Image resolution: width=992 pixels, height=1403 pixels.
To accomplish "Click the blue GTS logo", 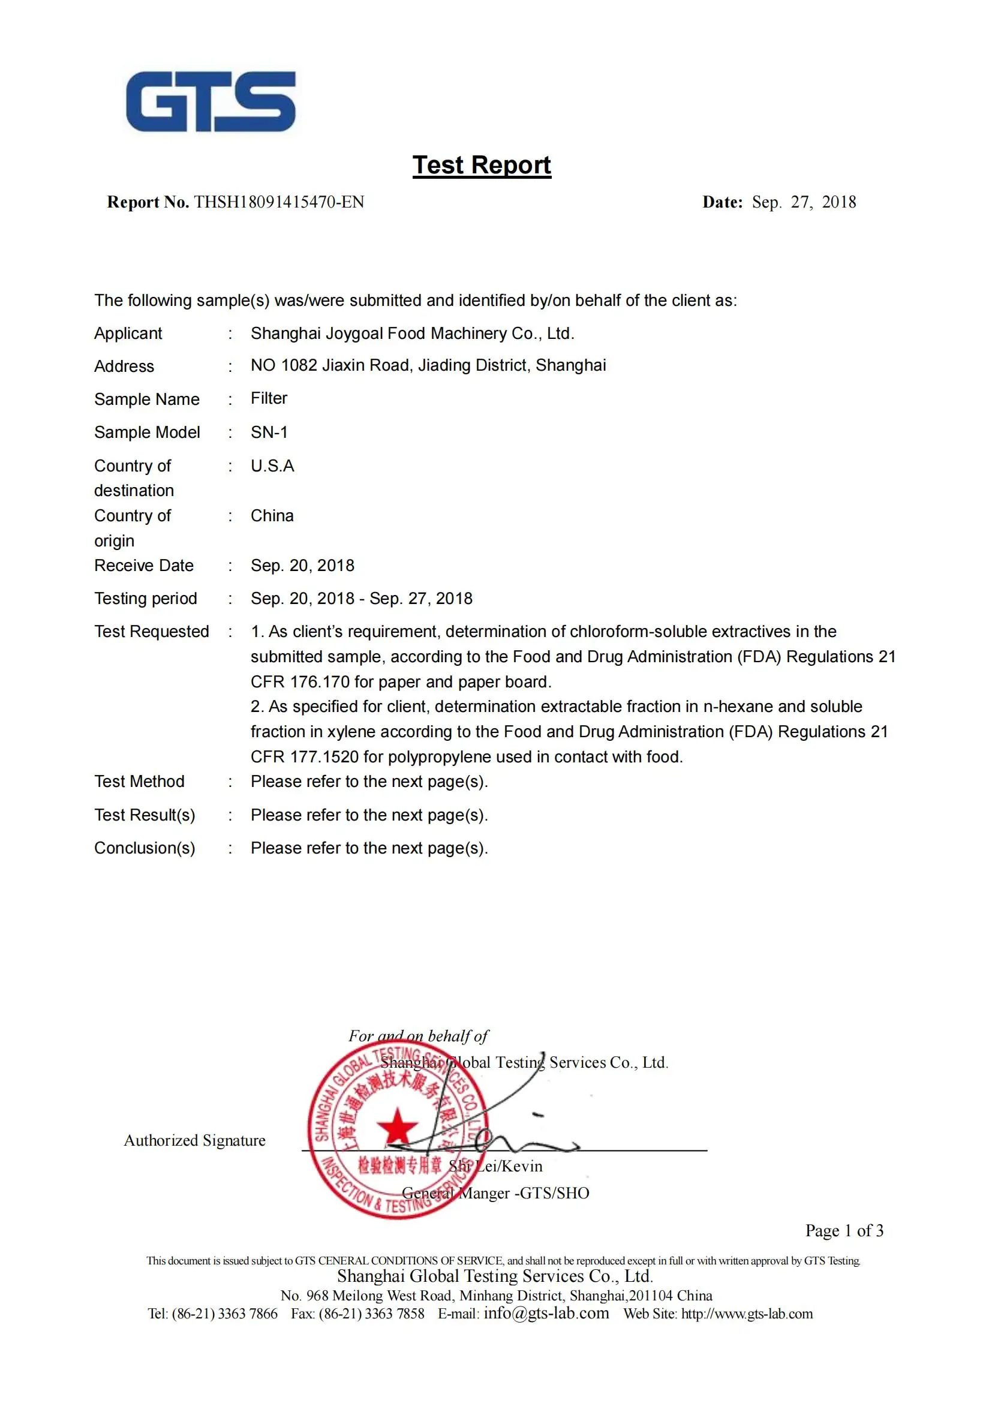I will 211,101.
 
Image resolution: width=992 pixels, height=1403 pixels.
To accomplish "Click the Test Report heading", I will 482,165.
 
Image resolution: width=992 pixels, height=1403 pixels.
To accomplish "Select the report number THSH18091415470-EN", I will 278,202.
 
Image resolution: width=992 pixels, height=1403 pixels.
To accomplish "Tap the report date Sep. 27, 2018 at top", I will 803,202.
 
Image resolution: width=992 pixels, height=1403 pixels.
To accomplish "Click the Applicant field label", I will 128,334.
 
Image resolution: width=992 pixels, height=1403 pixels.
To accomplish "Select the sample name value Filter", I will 269,398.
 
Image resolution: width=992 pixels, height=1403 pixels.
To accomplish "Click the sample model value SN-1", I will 269,432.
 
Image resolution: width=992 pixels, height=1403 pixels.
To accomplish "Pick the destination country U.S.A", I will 272,466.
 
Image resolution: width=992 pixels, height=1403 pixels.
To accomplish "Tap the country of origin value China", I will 272,516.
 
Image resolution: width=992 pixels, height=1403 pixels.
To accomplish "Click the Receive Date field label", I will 143,566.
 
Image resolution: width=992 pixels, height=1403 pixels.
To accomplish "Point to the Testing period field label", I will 145,599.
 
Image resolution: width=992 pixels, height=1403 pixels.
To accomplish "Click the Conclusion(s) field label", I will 145,848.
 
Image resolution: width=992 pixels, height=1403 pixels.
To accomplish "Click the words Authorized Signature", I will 194,1141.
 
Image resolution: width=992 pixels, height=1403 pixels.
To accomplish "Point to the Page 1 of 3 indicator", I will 844,1231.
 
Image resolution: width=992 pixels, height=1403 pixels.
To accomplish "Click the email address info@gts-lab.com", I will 546,1313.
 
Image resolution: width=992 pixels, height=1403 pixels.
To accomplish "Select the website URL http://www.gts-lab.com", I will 747,1314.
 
